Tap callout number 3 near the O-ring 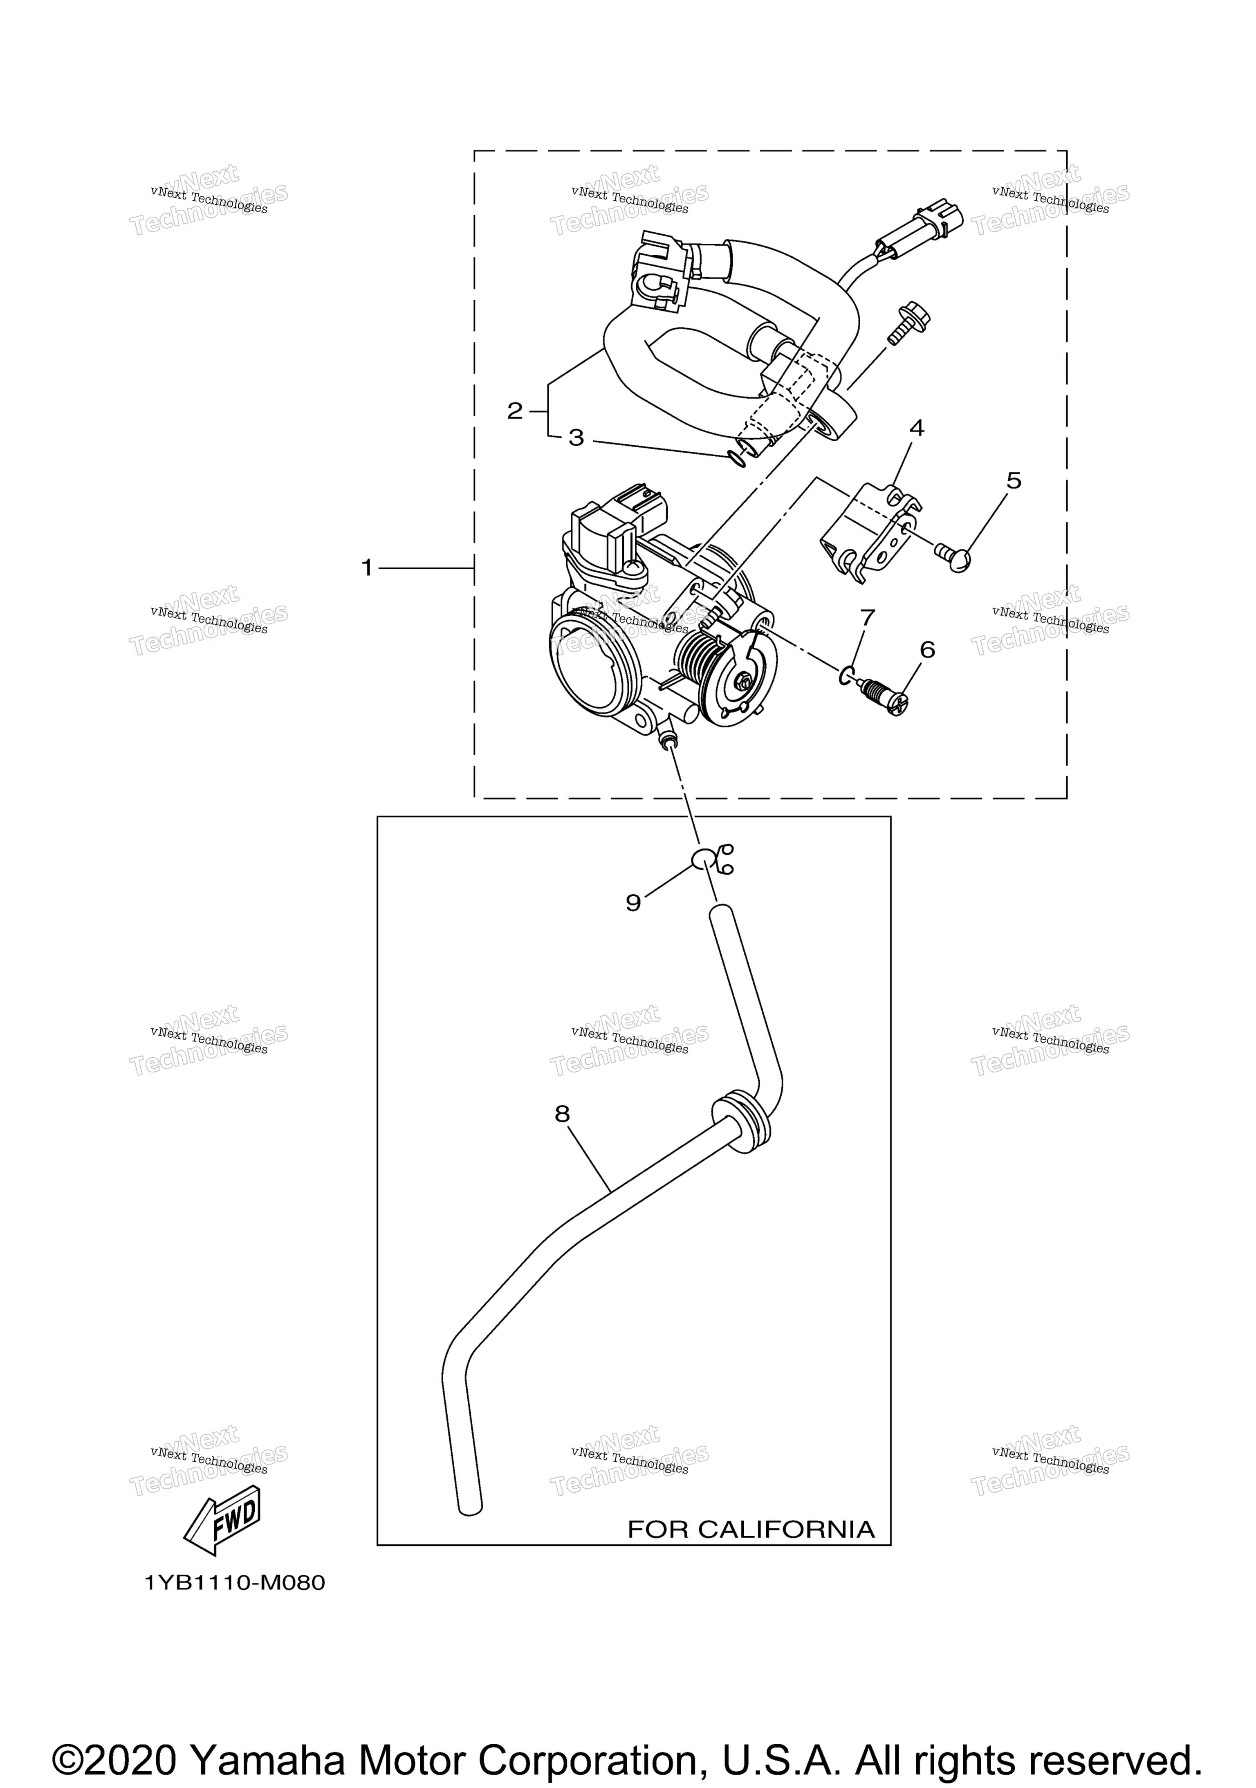tap(576, 437)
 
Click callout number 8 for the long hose tap(562, 1115)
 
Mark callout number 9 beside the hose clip tap(633, 902)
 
